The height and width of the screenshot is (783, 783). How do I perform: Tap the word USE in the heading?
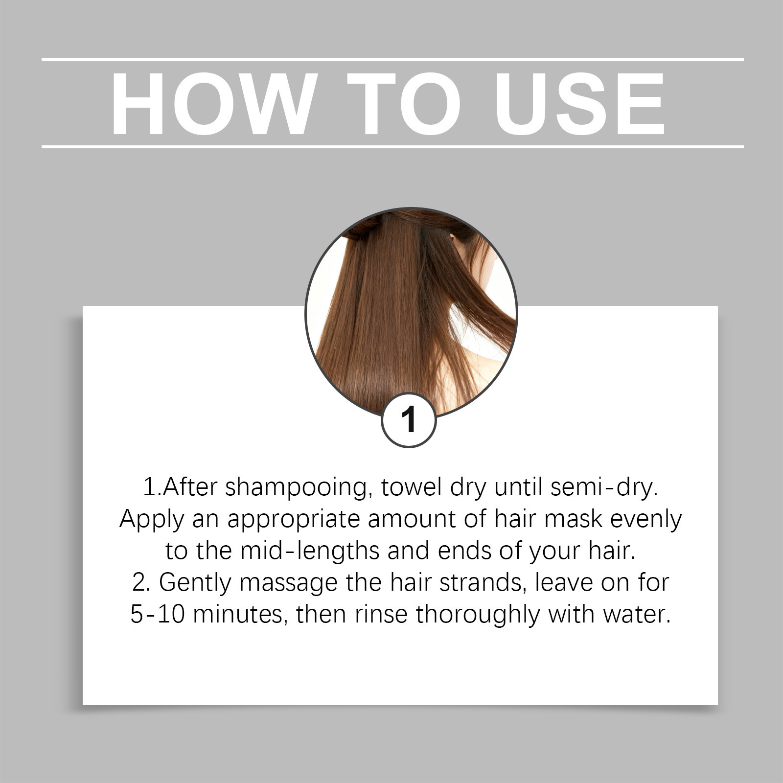click(580, 104)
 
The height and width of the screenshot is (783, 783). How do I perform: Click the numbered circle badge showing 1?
click(409, 420)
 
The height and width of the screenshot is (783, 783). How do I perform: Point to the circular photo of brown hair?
click(411, 313)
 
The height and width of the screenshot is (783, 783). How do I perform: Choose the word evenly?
click(646, 519)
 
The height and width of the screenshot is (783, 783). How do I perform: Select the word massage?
click(289, 583)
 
